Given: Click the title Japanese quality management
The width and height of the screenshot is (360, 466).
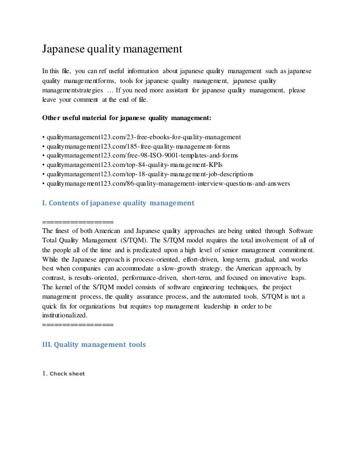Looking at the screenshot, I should pos(112,49).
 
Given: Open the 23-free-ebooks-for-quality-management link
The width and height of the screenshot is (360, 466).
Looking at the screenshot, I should pos(143,137).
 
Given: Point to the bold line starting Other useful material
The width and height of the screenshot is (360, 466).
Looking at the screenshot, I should pos(127,118).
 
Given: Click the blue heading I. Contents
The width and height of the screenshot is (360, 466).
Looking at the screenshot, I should pos(118,203).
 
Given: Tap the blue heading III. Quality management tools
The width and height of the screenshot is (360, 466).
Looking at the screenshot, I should pos(94,345).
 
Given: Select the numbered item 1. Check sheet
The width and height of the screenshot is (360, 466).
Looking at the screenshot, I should pos(64,374).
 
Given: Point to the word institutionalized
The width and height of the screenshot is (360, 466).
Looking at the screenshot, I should pos(65,316).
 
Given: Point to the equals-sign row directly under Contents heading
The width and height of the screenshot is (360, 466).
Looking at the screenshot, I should pos(78,222).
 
